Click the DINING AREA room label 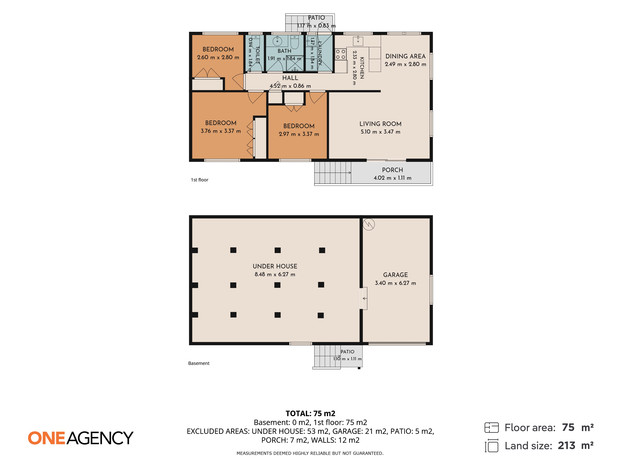tap(405, 56)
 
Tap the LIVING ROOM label tap(380, 124)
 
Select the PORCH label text tap(392, 170)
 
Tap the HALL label tap(290, 78)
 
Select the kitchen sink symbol tap(358, 41)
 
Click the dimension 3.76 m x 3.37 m tap(221, 131)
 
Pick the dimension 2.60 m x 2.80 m tap(218, 57)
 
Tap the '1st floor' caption tap(200, 180)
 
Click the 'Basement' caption tap(199, 363)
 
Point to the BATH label tap(284, 51)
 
